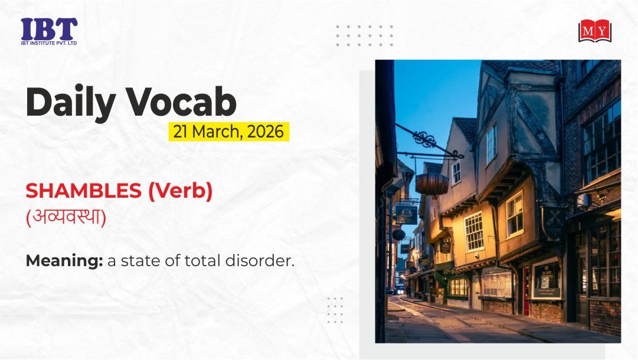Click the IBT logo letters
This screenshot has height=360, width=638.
[x=49, y=29]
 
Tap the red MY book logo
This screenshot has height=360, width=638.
[x=595, y=31]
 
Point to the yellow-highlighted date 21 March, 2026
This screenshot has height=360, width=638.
[x=228, y=132]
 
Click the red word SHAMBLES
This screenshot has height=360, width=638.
[x=83, y=191]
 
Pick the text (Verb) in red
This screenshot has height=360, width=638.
[x=180, y=191]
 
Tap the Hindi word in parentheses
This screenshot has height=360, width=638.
[x=66, y=217]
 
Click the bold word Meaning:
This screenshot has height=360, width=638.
[x=64, y=261]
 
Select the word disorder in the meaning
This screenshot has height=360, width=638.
[x=260, y=261]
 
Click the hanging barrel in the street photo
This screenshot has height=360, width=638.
[x=431, y=184]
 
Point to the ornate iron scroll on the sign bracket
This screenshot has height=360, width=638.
[x=424, y=139]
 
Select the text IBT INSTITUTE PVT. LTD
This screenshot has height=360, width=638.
[x=49, y=43]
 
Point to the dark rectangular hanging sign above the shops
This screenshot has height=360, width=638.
[x=407, y=214]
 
